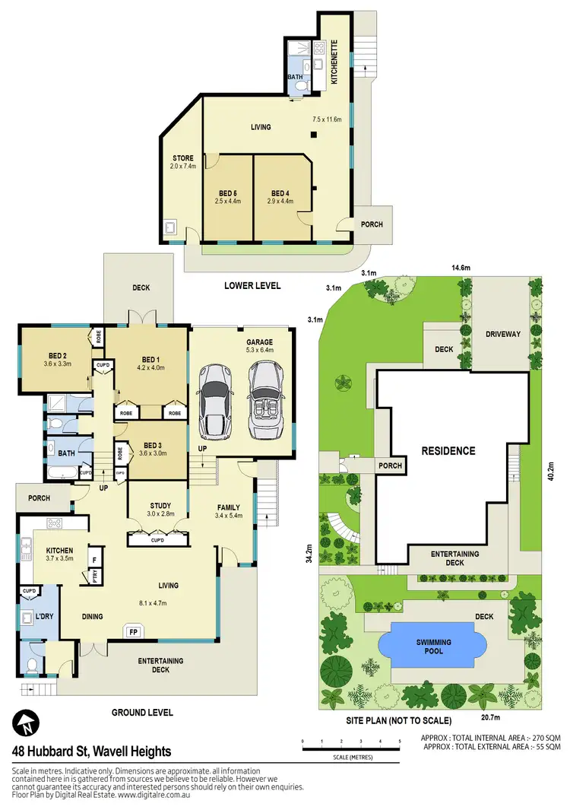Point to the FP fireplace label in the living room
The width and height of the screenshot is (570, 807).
[134, 631]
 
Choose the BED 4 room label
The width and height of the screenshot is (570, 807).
[280, 195]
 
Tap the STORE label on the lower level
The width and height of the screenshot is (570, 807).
[182, 162]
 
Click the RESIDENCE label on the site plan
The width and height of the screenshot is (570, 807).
[448, 451]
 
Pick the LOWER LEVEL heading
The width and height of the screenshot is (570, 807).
[252, 286]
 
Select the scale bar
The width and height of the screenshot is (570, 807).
[350, 749]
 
